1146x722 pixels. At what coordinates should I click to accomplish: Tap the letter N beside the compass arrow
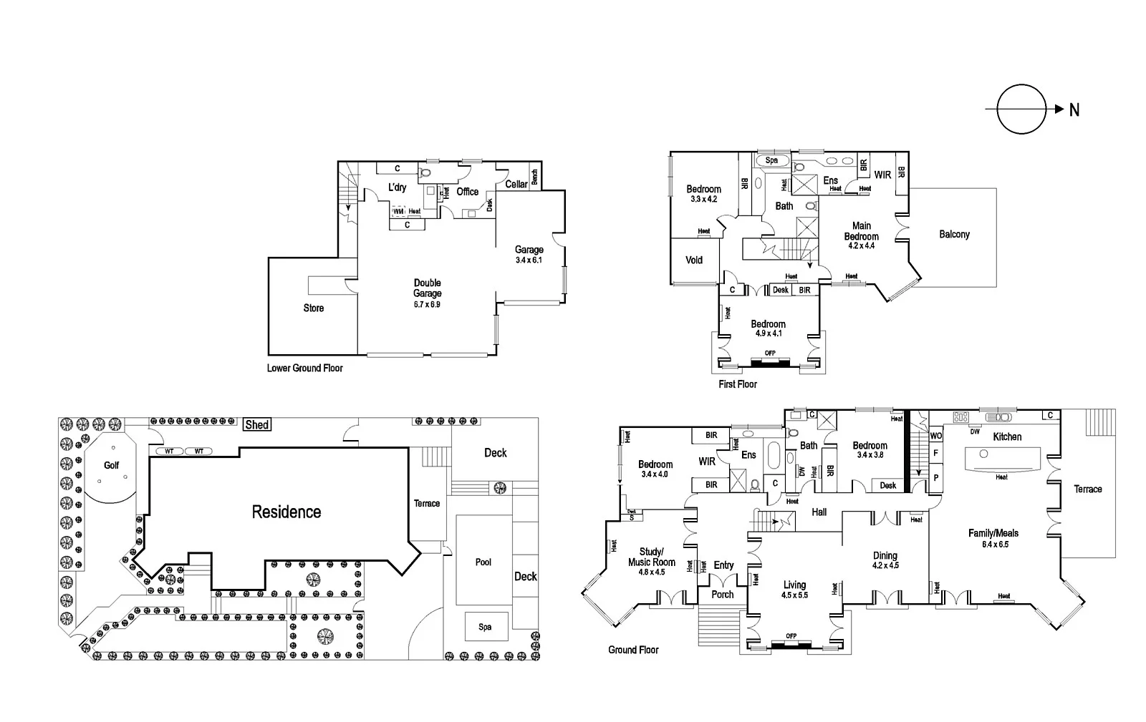tap(1074, 109)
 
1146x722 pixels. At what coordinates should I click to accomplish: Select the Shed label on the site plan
tap(257, 424)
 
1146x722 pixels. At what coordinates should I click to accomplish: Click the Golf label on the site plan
tap(111, 465)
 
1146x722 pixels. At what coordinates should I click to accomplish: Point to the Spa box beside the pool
tap(486, 627)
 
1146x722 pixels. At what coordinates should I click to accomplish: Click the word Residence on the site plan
tap(286, 512)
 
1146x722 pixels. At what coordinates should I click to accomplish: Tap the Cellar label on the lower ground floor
tap(516, 184)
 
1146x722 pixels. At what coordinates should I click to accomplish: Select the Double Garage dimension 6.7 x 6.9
tap(427, 304)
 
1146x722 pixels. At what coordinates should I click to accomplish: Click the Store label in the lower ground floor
tap(314, 308)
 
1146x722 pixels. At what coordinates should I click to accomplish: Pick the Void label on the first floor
tap(694, 260)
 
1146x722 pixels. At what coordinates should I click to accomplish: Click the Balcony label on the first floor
tap(954, 234)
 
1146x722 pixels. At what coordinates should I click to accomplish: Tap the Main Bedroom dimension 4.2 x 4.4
tap(861, 245)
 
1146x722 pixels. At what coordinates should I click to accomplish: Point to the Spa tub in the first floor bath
tap(771, 160)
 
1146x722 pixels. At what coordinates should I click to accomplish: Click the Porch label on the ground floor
tap(722, 594)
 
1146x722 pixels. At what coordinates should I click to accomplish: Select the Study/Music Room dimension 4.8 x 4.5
tap(652, 572)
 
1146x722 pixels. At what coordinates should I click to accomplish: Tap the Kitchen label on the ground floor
tap(1007, 436)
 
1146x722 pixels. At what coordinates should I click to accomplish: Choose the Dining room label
tap(885, 555)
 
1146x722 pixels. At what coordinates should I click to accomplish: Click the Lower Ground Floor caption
tap(305, 368)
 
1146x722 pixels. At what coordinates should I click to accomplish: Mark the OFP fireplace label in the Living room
tap(791, 635)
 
